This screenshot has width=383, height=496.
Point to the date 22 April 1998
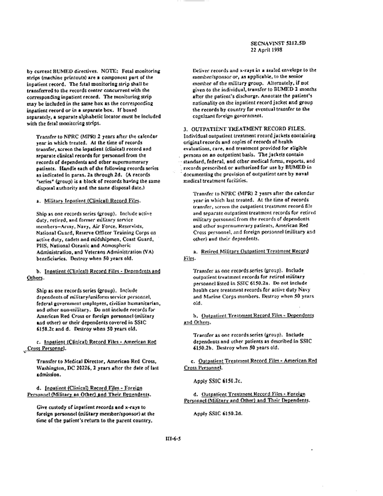tap(270, 51)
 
